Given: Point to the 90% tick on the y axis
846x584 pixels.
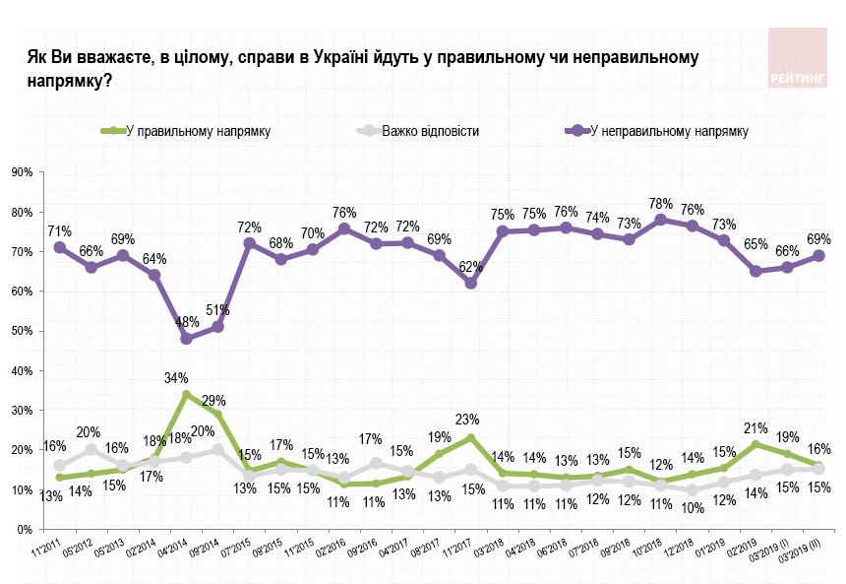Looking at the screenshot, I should [x=22, y=172].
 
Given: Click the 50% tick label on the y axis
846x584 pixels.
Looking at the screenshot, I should [x=22, y=331].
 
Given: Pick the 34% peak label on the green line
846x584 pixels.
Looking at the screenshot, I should [x=177, y=376].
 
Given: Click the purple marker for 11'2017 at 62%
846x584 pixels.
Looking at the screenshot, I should [x=470, y=284].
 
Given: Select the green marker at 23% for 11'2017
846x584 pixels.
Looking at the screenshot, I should [x=470, y=438].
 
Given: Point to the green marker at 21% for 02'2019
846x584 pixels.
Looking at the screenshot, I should [x=755, y=445].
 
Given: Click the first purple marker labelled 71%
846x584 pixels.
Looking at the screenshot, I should [x=60, y=247].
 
